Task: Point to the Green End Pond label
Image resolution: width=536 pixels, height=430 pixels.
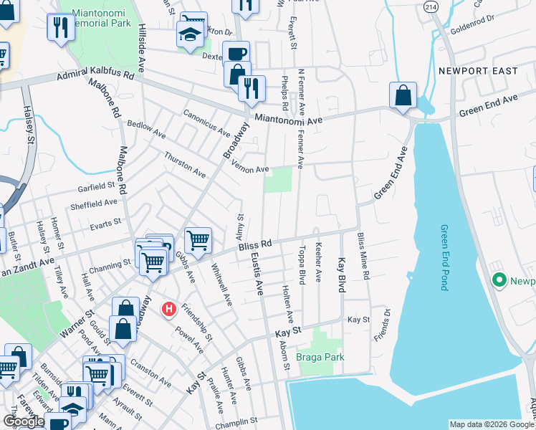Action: tap(444, 257)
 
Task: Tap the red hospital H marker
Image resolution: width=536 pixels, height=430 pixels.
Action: tap(169, 309)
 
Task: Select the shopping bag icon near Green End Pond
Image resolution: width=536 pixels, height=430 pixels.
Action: tap(403, 95)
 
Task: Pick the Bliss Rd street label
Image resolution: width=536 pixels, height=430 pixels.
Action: tap(256, 245)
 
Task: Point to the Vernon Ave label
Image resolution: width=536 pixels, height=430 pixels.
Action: tap(250, 167)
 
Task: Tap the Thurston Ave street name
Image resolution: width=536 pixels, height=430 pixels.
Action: tap(184, 165)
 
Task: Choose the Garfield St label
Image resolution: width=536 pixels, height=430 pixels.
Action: tap(97, 186)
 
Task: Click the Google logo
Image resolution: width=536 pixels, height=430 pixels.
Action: tap(24, 421)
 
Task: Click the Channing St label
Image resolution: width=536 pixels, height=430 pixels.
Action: tap(110, 266)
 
